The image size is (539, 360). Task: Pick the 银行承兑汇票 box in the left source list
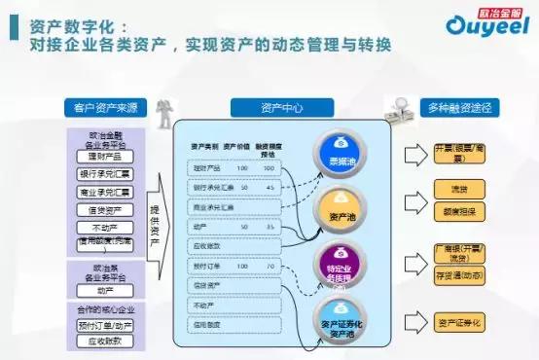click(103, 174)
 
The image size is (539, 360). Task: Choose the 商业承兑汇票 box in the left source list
click(103, 192)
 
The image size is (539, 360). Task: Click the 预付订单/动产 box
click(103, 324)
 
